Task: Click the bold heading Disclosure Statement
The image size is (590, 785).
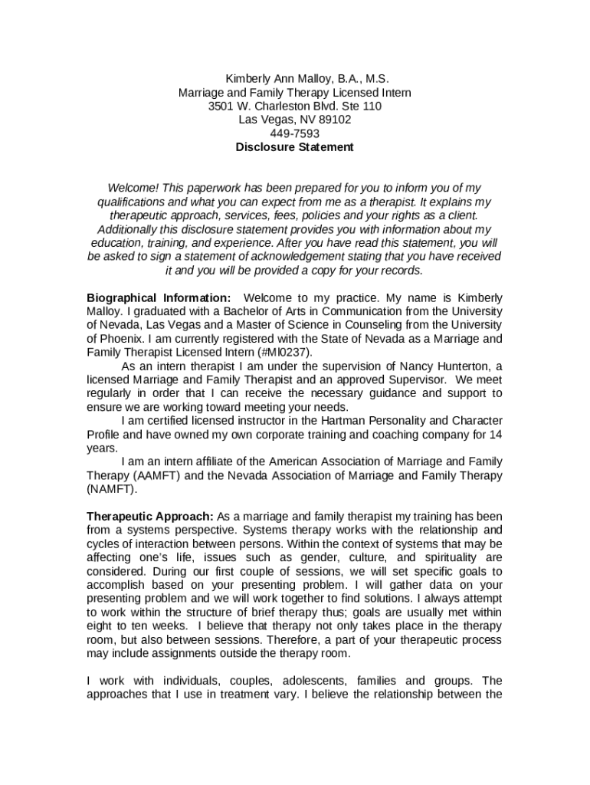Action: pos(295,147)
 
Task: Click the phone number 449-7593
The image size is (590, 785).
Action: pos(295,133)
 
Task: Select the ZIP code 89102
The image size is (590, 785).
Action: pos(335,120)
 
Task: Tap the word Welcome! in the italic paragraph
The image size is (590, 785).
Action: pos(134,188)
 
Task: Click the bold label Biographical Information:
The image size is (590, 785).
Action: pos(159,297)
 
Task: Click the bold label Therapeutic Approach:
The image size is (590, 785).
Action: pos(151,516)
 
